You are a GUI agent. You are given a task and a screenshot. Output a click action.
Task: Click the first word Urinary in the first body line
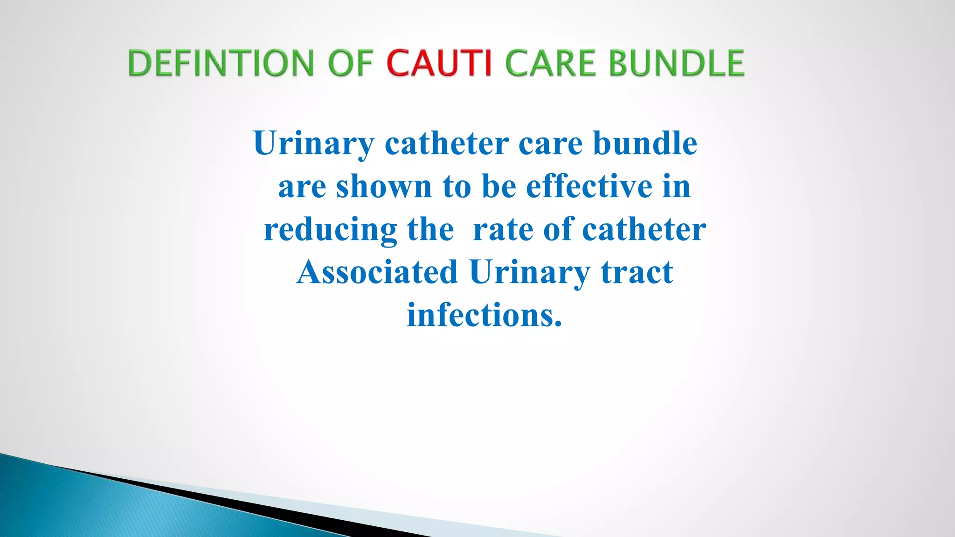point(314,144)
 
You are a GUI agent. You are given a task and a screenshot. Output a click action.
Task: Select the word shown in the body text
point(384,186)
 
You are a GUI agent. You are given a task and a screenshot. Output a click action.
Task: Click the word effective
point(589,186)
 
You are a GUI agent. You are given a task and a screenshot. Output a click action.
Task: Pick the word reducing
point(330,230)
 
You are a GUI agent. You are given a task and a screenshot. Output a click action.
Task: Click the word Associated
point(377,272)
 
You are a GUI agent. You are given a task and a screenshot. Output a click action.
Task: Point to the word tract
point(637,272)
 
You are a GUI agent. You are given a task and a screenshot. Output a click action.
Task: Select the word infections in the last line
point(480,315)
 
